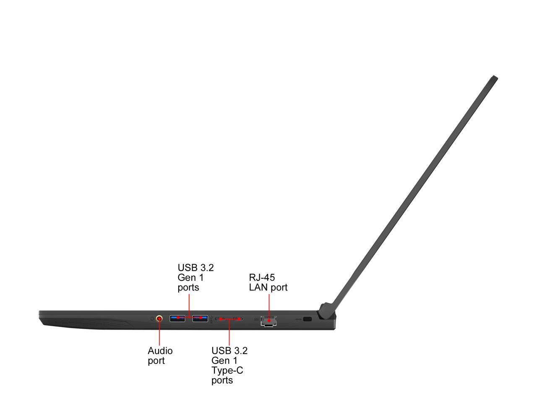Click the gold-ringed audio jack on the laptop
pyautogui.click(x=159, y=319)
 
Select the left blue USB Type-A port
pyautogui.click(x=177, y=318)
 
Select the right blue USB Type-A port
pyautogui.click(x=200, y=318)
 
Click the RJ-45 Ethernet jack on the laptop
pyautogui.click(x=268, y=321)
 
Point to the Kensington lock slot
pyautogui.click(x=307, y=319)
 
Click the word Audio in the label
pyautogui.click(x=160, y=351)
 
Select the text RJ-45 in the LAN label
pyautogui.click(x=262, y=277)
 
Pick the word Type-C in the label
pyautogui.click(x=227, y=370)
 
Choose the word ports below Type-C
pyautogui.click(x=222, y=380)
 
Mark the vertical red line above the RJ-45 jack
pyautogui.click(x=269, y=304)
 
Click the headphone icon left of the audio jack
pyautogui.click(x=152, y=319)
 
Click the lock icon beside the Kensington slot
pyautogui.click(x=298, y=319)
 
